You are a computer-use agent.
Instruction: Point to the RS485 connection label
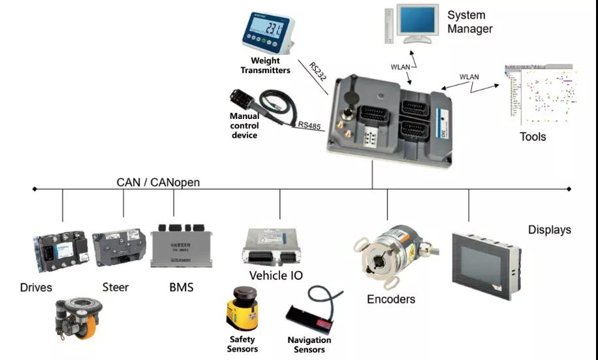[309, 125]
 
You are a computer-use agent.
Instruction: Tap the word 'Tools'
[533, 137]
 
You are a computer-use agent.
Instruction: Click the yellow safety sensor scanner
[240, 310]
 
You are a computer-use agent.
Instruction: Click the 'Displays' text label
[550, 230]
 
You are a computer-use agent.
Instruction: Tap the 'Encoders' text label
[391, 299]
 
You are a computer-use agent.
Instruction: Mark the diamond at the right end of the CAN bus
[569, 189]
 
